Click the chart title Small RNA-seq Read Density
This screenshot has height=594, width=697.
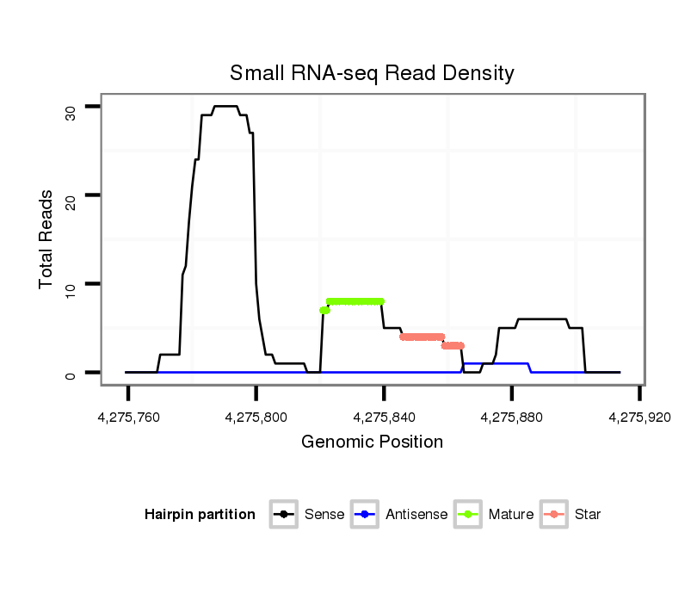pyautogui.click(x=372, y=73)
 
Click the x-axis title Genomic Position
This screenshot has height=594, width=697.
pyautogui.click(x=372, y=442)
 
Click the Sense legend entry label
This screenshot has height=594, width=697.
pyautogui.click(x=324, y=515)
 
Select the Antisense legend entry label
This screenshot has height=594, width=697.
pyautogui.click(x=416, y=515)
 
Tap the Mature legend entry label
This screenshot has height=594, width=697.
pyautogui.click(x=511, y=515)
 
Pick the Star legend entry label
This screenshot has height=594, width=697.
pyautogui.click(x=588, y=515)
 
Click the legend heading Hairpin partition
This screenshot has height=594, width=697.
pyautogui.click(x=200, y=515)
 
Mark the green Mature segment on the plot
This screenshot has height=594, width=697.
pyautogui.click(x=355, y=301)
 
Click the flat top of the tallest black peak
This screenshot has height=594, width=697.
pyautogui.click(x=225, y=106)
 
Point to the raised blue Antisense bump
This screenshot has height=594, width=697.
pyautogui.click(x=496, y=363)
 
